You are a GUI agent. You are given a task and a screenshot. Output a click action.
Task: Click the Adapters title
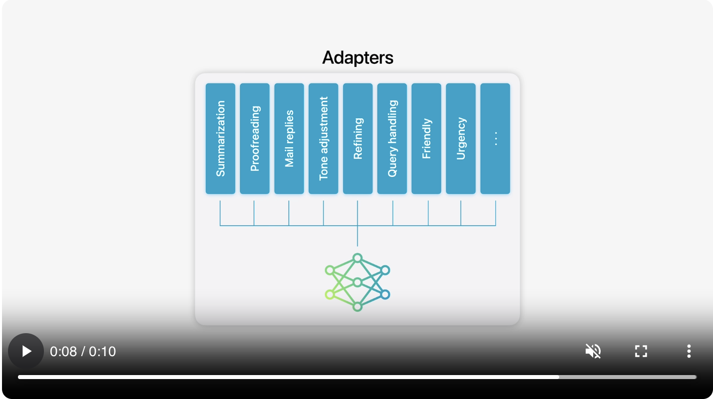click(357, 57)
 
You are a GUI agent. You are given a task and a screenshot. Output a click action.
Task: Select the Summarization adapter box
click(220, 139)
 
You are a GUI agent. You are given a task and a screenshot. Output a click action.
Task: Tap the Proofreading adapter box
click(255, 139)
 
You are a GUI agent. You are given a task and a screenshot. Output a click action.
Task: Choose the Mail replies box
click(289, 139)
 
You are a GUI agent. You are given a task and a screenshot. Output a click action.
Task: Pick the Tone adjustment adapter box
click(324, 139)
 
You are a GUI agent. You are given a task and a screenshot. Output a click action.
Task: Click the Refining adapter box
click(357, 139)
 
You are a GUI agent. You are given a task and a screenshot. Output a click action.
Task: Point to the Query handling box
click(392, 139)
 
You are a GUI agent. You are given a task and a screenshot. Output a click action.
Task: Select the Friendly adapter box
click(426, 139)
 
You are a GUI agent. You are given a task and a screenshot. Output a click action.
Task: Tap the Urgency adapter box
click(461, 139)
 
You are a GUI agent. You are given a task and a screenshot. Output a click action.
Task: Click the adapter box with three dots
click(495, 139)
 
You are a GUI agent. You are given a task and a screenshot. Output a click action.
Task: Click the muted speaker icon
click(593, 351)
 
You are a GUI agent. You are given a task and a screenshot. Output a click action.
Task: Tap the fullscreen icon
click(641, 351)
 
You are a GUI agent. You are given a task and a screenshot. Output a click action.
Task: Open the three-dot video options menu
click(689, 351)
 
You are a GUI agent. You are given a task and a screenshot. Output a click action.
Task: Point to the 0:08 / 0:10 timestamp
click(83, 352)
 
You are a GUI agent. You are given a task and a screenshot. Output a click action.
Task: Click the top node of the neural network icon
click(357, 258)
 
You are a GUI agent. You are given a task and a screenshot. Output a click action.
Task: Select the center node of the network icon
click(357, 283)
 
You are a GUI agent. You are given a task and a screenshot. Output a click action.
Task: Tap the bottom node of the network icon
click(357, 307)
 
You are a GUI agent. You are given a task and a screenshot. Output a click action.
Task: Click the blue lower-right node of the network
click(385, 295)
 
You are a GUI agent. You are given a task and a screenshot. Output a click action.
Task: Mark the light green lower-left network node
click(330, 295)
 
